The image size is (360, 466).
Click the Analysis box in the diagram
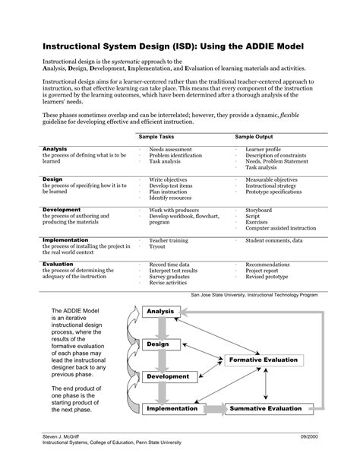161,312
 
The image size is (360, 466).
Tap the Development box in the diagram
168,376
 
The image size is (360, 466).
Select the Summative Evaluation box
265,409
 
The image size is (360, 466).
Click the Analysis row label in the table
55,149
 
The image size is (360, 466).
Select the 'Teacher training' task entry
169,240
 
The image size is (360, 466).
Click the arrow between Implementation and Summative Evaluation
215,409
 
